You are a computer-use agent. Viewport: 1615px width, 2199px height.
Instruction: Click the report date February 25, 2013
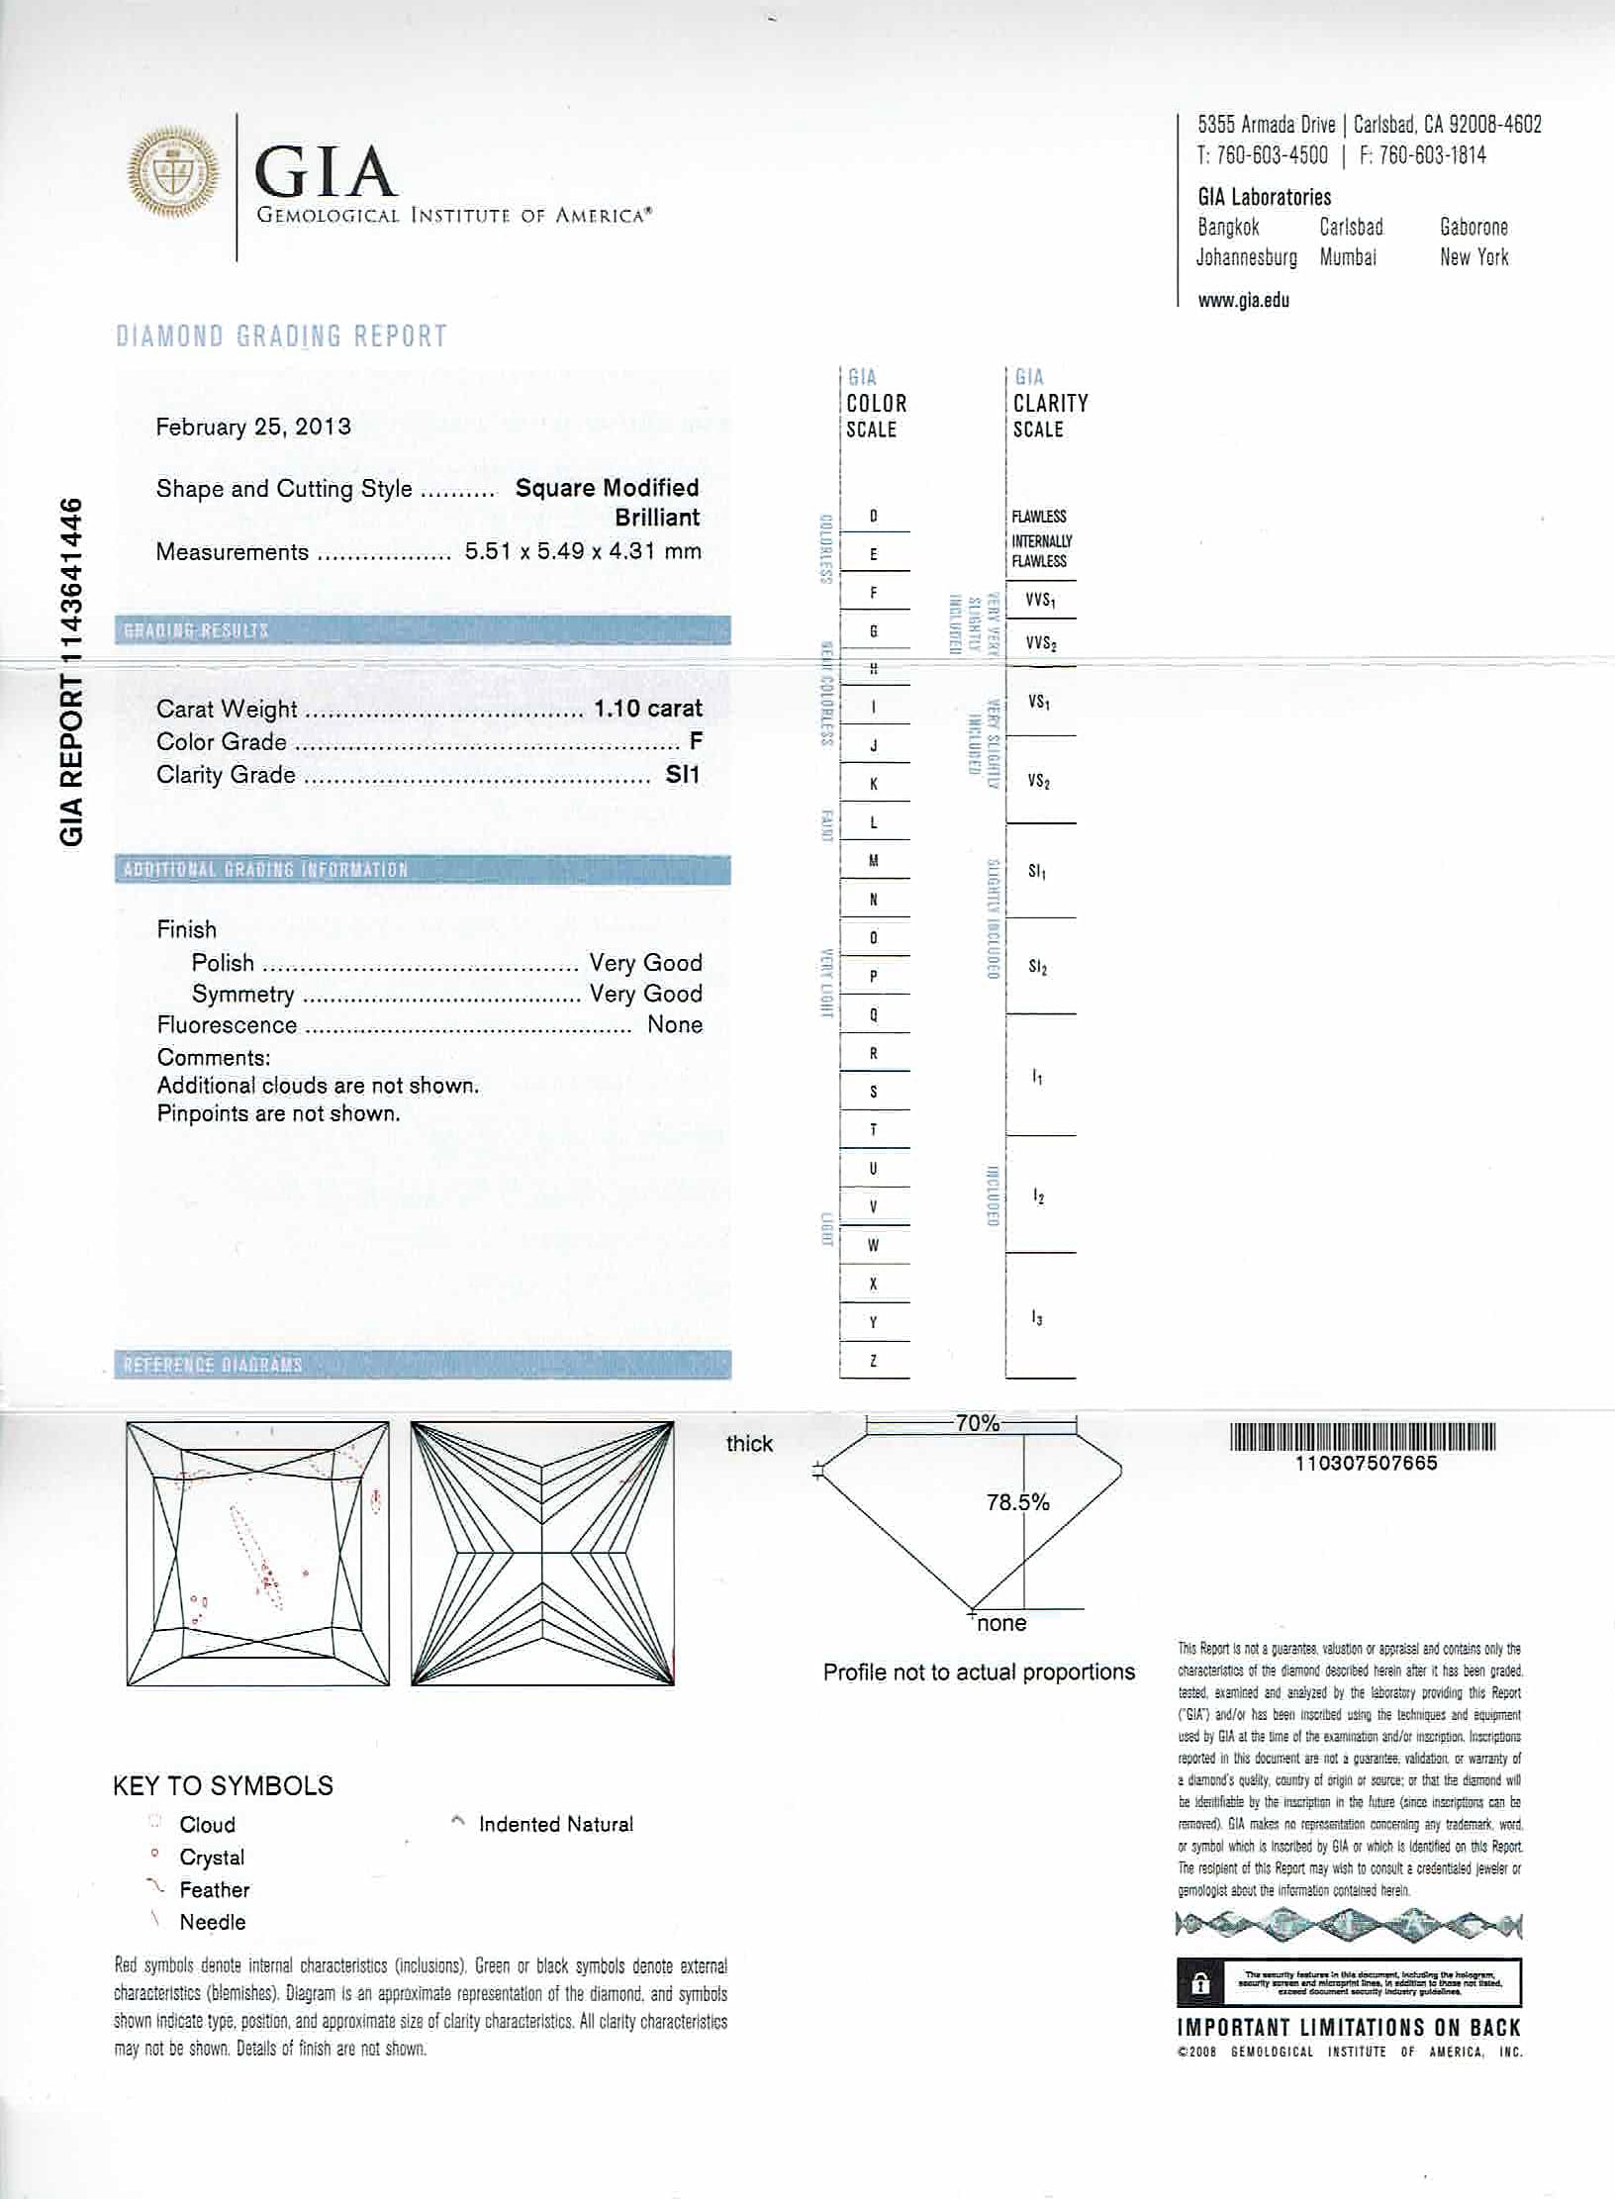coord(253,427)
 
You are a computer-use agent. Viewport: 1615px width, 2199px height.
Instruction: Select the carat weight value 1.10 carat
coord(647,709)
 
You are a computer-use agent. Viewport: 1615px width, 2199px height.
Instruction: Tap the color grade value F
coord(696,741)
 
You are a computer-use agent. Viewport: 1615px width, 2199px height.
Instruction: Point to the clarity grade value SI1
coord(683,774)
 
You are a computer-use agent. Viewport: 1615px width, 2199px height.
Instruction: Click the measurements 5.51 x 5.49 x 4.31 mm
coord(583,552)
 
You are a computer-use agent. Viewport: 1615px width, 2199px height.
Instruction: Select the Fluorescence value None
coord(675,1025)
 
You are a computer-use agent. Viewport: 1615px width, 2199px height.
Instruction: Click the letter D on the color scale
coord(873,517)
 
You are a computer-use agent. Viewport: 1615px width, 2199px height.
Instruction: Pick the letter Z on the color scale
coord(873,1361)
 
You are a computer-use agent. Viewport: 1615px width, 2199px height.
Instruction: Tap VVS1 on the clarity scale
coord(1039,600)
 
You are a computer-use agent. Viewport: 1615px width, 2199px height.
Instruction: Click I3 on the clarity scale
coord(1036,1318)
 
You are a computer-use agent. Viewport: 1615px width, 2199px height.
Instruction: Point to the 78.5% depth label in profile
coord(1017,1502)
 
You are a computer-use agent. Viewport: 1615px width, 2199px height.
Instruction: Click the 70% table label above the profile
coord(977,1423)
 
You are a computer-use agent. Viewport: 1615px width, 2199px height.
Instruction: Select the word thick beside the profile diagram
coord(749,1444)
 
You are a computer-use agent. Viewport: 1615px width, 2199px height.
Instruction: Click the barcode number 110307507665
coord(1365,1463)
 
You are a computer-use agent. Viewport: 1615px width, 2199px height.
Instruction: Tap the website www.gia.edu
coord(1243,301)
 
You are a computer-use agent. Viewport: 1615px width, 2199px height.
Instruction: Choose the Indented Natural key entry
coord(555,1824)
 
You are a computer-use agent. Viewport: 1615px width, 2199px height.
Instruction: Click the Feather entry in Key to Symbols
coord(214,1889)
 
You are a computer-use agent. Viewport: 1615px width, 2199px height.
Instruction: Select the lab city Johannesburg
coord(1246,257)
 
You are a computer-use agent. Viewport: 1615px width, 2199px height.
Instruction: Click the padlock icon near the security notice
coord(1200,1983)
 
